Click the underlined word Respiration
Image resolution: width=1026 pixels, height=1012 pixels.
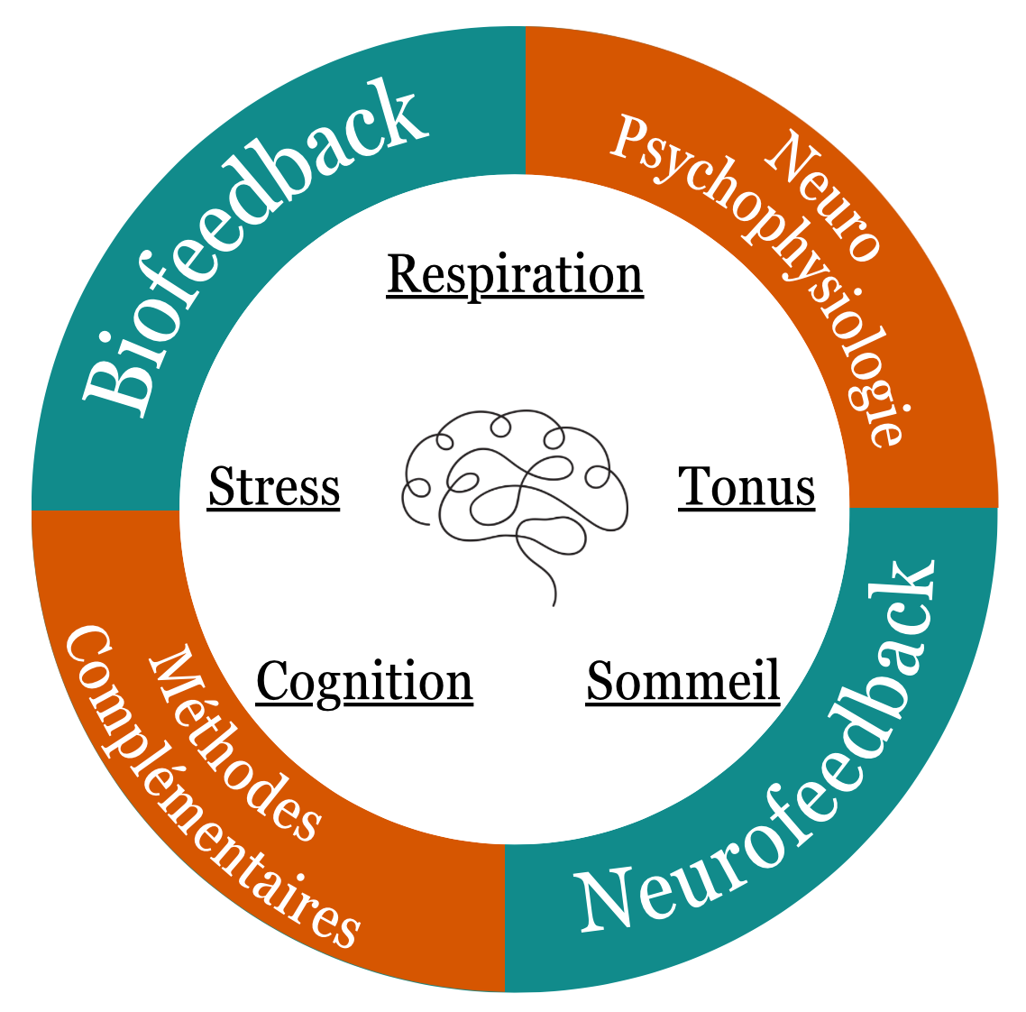click(x=515, y=274)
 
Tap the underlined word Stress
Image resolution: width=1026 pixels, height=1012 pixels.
click(x=273, y=487)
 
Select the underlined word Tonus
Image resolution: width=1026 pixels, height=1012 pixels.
click(x=747, y=487)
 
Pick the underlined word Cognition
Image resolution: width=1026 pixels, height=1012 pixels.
click(x=364, y=682)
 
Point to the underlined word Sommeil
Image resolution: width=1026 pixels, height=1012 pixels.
click(x=682, y=681)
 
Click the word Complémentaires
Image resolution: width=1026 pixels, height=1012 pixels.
click(x=207, y=794)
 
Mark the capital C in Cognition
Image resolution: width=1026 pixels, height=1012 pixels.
click(x=273, y=682)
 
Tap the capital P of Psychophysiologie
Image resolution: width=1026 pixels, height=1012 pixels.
click(x=632, y=140)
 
